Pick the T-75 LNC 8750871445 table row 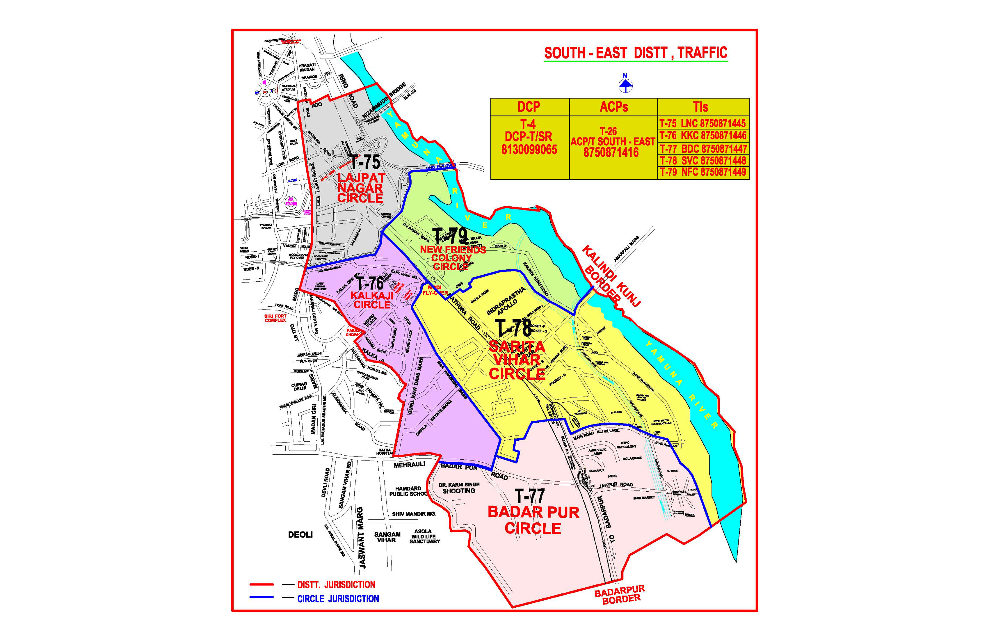[703, 123]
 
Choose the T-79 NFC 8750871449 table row [703, 172]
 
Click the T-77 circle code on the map [529, 496]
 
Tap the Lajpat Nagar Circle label [360, 188]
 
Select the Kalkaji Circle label [372, 300]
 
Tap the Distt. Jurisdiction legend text [336, 585]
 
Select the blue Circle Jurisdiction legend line [262, 598]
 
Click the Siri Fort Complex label [275, 318]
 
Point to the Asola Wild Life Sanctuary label [424, 536]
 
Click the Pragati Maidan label [307, 67]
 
